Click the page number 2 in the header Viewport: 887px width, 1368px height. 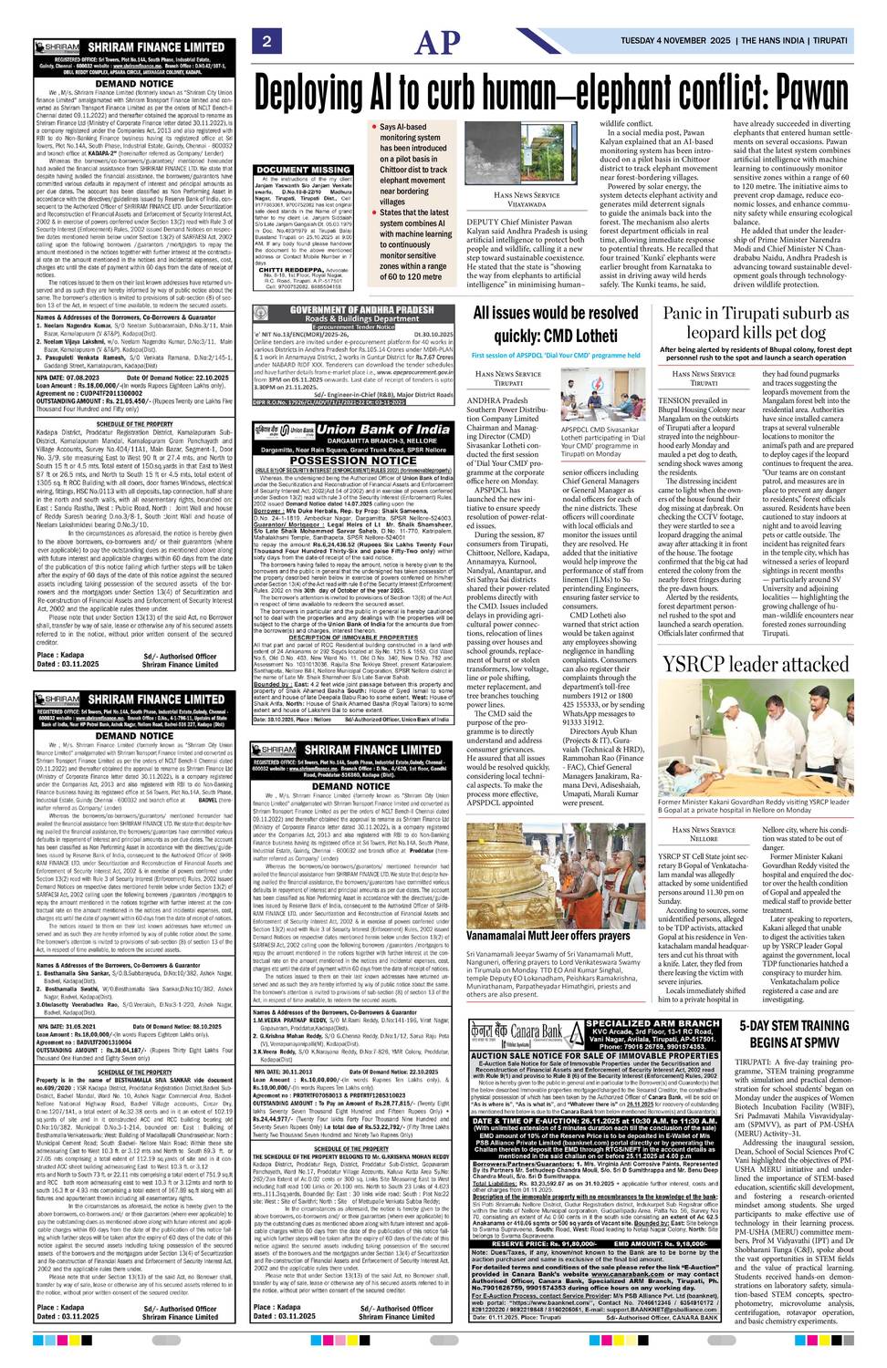click(266, 41)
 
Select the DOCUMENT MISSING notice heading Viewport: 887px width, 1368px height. click(304, 170)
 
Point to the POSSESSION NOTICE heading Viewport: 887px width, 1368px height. click(352, 461)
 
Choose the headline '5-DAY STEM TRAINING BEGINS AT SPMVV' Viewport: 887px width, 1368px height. click(794, 1033)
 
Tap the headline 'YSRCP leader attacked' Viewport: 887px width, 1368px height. click(756, 663)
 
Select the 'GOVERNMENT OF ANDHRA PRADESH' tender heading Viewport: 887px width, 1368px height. click(362, 310)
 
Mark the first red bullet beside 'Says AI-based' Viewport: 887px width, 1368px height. click(376, 128)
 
